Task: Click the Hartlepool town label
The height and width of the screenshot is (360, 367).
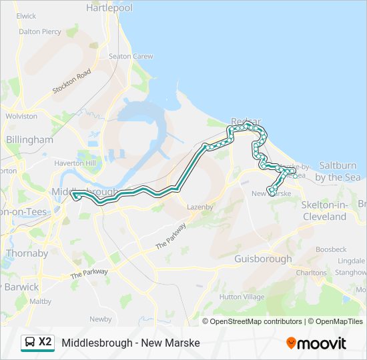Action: (x=109, y=8)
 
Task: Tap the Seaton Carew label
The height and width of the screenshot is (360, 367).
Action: (x=131, y=57)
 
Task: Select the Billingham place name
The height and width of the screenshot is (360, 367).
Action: (x=29, y=139)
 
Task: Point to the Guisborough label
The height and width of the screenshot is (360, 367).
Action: (x=264, y=259)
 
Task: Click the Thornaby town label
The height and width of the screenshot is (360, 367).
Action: (x=27, y=253)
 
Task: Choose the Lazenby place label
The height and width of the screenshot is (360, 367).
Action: (x=200, y=207)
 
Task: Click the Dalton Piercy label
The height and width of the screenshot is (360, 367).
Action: (x=40, y=31)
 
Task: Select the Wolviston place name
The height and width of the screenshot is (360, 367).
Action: (x=21, y=116)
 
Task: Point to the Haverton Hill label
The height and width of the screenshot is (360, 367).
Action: (x=75, y=163)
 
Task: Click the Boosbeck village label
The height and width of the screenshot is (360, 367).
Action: (x=331, y=249)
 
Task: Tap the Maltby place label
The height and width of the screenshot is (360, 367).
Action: (x=41, y=301)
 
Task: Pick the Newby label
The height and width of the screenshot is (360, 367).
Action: (x=101, y=319)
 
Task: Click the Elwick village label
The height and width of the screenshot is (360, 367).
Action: (x=27, y=15)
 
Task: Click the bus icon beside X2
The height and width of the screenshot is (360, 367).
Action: (x=30, y=343)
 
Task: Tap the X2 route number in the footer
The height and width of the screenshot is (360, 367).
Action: (x=45, y=342)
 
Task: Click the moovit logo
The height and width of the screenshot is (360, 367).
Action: (x=316, y=343)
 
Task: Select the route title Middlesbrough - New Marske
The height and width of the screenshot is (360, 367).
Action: (x=131, y=343)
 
